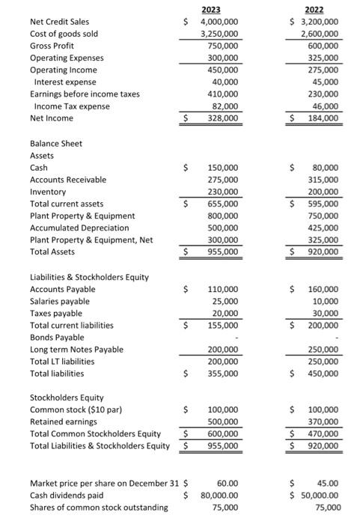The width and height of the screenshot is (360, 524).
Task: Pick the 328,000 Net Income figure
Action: pos(223,118)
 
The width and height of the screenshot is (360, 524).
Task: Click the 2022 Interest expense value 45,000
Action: pos(323,82)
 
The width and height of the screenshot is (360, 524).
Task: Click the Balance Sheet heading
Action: pos(56,144)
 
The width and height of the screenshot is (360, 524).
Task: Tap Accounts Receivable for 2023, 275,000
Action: pos(223,180)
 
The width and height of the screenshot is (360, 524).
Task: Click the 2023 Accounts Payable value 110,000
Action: pos(223,289)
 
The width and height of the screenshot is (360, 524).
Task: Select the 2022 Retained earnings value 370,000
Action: pos(320,422)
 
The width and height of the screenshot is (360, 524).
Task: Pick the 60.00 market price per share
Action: pos(227,484)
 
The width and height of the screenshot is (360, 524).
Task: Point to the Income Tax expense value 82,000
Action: pos(225,106)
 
